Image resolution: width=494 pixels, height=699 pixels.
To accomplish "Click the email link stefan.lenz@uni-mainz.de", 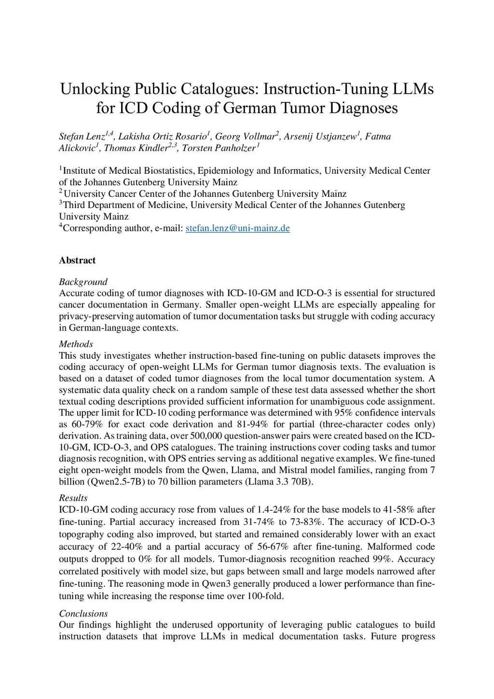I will (x=237, y=228).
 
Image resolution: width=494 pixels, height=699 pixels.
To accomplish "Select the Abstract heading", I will (x=77, y=261).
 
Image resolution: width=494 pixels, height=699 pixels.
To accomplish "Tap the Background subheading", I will (x=83, y=282).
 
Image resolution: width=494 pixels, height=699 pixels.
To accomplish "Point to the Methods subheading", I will (x=76, y=344).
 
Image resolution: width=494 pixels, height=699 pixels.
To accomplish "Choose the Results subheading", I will (x=73, y=498).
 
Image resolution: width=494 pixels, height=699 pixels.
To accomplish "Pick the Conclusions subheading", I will (x=83, y=614).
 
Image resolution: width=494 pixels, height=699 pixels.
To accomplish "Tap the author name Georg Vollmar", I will (x=245, y=137).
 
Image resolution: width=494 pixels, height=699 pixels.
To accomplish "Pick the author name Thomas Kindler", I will (x=136, y=148).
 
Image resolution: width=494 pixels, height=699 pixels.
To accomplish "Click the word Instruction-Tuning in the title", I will (x=326, y=89).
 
